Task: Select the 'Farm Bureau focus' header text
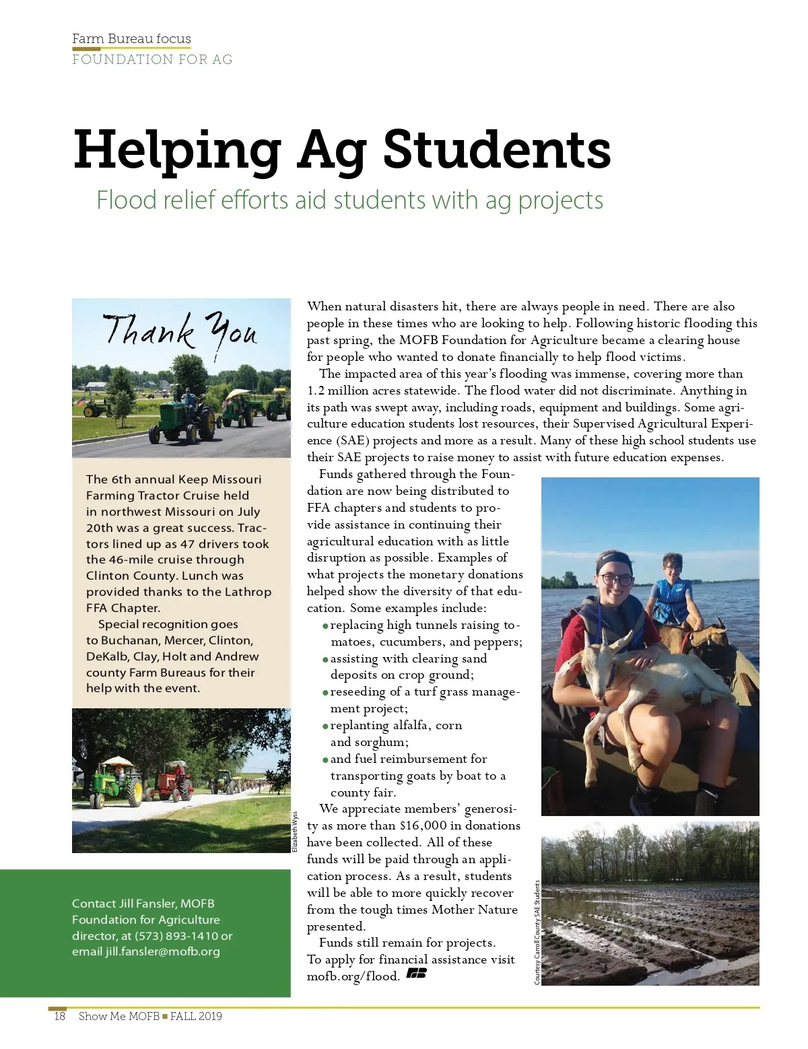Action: [131, 38]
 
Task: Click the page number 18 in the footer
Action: [59, 1016]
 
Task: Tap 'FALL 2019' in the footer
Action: [196, 1016]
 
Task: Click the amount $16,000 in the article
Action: [422, 825]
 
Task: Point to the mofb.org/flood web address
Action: [353, 976]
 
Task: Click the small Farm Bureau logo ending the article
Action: [416, 974]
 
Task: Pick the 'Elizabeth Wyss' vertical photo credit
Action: [295, 832]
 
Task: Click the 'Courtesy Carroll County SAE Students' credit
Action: [537, 933]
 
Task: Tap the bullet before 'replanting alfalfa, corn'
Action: [325, 726]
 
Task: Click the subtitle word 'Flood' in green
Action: [126, 200]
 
